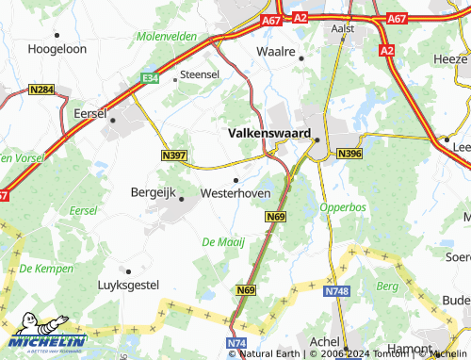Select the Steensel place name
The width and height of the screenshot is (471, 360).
point(199,73)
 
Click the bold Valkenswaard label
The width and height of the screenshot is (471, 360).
point(268,135)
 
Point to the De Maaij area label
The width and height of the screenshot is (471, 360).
point(223,243)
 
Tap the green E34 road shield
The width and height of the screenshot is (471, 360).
point(148,79)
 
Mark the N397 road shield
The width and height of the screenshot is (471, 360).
point(174,155)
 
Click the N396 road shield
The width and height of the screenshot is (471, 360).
point(349,154)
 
